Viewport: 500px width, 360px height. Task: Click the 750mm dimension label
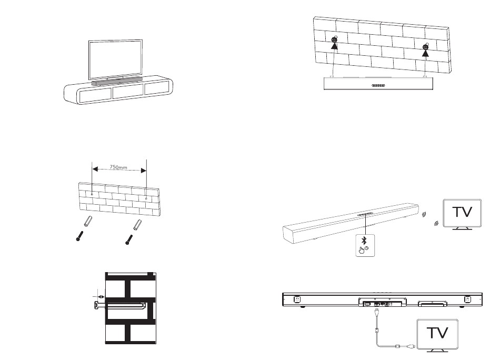coord(119,167)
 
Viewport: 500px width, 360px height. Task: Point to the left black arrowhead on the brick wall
coord(334,46)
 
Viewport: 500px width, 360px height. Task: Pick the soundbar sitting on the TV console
coord(116,81)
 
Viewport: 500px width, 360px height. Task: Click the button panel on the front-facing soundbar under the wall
coord(378,85)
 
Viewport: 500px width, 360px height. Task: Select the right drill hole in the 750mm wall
coord(146,199)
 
